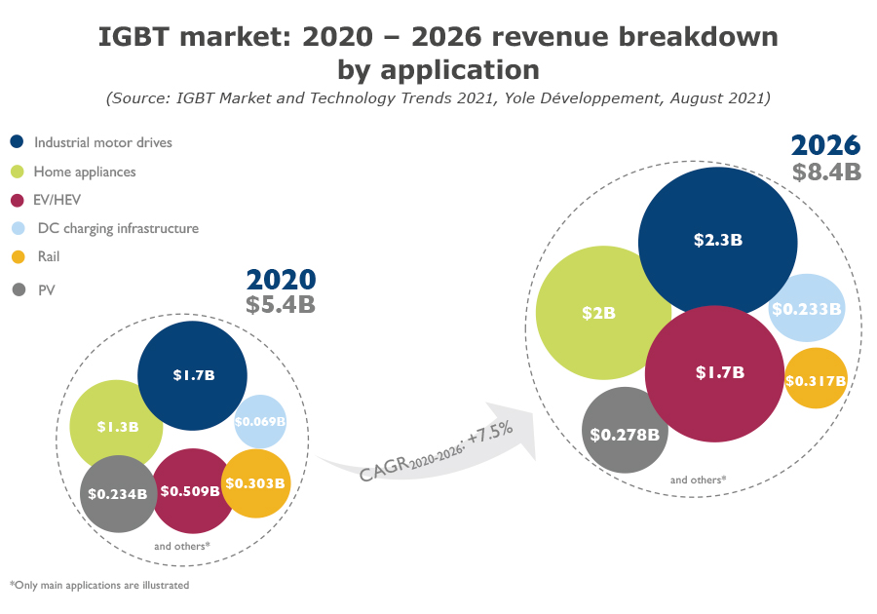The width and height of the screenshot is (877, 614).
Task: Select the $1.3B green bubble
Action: pyautogui.click(x=115, y=427)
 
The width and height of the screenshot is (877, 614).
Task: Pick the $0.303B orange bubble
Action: pyautogui.click(x=255, y=483)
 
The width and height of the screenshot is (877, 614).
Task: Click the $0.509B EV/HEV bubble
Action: pyautogui.click(x=190, y=491)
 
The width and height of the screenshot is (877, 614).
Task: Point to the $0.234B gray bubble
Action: pyautogui.click(x=118, y=494)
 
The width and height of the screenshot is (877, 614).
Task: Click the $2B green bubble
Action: pyautogui.click(x=599, y=313)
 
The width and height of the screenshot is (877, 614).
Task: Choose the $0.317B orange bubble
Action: pyautogui.click(x=815, y=379)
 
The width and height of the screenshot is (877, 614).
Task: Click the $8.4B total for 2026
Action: pyautogui.click(x=826, y=173)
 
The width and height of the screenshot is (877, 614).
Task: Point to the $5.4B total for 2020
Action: pyautogui.click(x=281, y=304)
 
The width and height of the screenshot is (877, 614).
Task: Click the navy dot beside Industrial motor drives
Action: pyautogui.click(x=18, y=142)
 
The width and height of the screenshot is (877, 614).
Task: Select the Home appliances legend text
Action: pyautogui.click(x=85, y=172)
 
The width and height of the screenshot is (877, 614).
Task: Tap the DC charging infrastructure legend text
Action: pyautogui.click(x=118, y=228)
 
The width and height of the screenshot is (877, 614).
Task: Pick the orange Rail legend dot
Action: pyautogui.click(x=18, y=257)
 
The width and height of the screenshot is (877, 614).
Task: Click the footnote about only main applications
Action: pyautogui.click(x=99, y=586)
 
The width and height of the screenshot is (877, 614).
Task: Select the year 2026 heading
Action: pyautogui.click(x=825, y=145)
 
